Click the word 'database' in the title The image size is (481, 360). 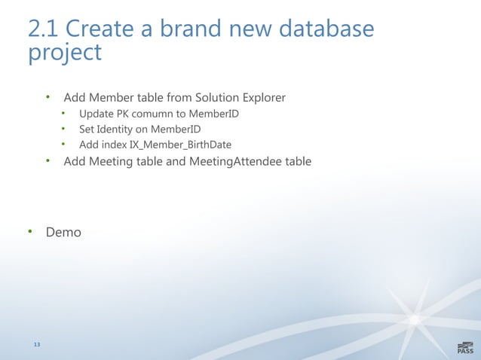click(x=326, y=29)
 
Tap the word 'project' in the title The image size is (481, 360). click(x=64, y=53)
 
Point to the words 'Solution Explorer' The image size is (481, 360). click(x=240, y=98)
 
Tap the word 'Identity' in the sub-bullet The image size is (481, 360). click(x=121, y=129)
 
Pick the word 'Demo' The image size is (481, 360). click(x=63, y=233)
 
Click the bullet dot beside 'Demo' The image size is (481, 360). click(x=30, y=232)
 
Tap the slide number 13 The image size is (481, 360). click(x=36, y=345)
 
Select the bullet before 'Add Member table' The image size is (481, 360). click(x=47, y=97)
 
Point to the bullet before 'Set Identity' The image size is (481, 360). click(x=64, y=129)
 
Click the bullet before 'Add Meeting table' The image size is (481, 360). click(x=47, y=160)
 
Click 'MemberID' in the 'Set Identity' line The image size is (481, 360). click(x=176, y=129)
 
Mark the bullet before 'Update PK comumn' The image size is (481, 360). click(x=64, y=114)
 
